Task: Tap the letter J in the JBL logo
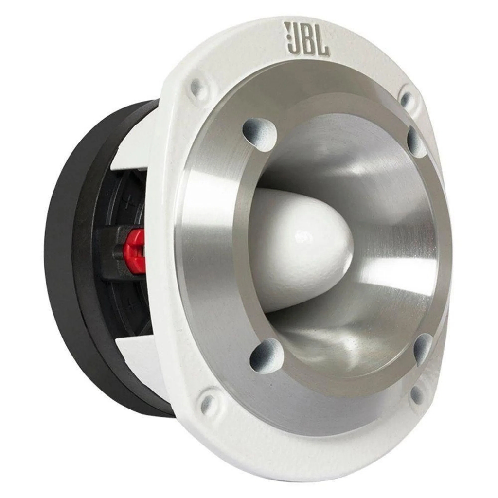pos(293,39)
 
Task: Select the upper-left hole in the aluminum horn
pos(259,130)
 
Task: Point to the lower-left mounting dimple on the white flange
pos(209,401)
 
